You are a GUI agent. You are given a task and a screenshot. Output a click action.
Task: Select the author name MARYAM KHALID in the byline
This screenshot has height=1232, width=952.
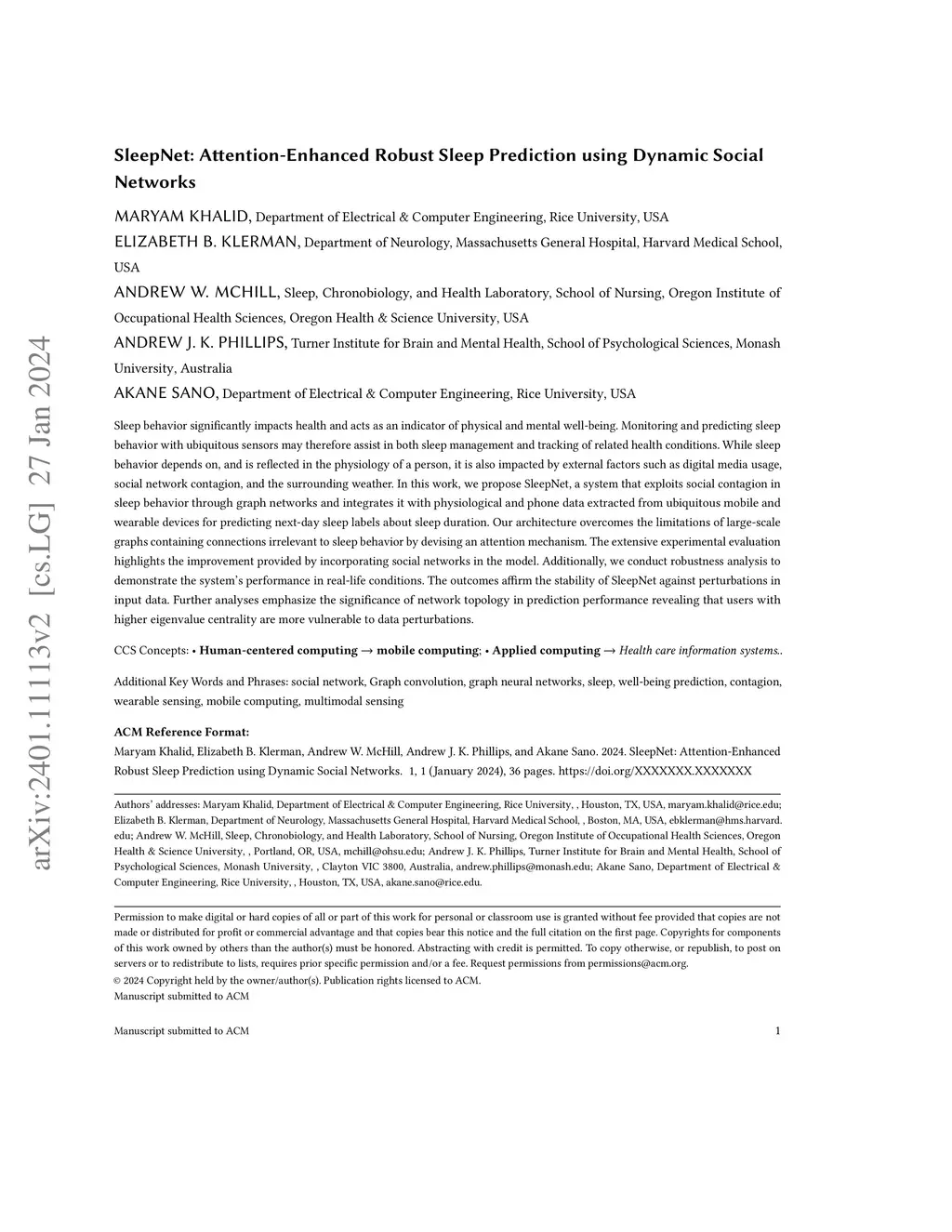tap(182, 217)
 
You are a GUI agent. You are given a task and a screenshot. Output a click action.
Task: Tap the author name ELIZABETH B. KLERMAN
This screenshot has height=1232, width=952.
tap(205, 242)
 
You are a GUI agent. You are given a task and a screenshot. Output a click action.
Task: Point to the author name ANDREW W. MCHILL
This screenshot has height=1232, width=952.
tap(196, 292)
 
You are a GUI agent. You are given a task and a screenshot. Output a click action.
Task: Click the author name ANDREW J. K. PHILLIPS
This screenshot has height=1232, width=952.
tap(200, 342)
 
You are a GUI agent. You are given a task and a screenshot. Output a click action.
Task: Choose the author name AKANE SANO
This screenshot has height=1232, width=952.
tap(165, 392)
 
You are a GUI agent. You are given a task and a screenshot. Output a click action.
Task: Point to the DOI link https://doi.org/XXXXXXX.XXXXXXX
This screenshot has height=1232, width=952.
tap(654, 771)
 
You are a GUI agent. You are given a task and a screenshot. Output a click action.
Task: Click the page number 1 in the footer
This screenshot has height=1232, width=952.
tap(777, 1030)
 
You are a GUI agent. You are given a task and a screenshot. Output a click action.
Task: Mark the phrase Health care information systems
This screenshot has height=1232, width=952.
tap(699, 650)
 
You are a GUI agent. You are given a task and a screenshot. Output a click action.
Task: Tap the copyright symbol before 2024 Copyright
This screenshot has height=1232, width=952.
tap(118, 980)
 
